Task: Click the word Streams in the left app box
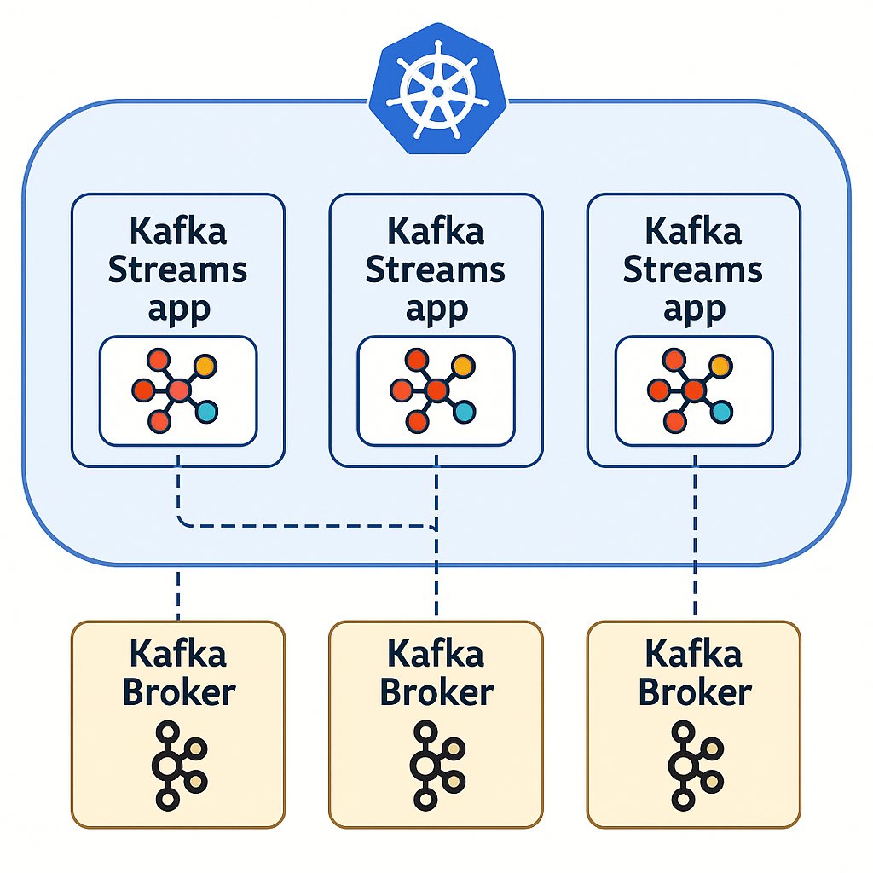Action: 177,270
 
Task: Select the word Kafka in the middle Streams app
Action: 436,230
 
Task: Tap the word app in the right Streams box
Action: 693,309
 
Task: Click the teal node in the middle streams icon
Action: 464,413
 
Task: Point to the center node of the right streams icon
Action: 694,390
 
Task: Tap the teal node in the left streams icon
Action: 206,413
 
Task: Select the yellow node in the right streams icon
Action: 720,367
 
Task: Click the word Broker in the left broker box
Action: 177,691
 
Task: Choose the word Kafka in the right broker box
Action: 693,654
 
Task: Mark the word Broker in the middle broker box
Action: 436,691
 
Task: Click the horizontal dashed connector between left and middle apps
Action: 307,526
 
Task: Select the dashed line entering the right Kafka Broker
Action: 694,593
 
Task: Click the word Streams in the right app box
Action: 693,270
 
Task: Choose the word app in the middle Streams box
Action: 436,309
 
